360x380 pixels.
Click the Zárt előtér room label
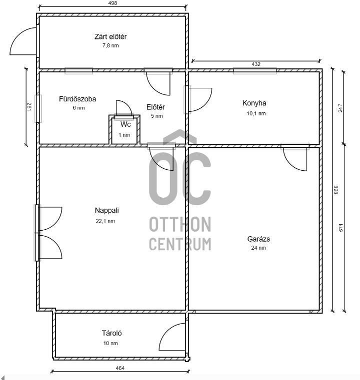[110, 36]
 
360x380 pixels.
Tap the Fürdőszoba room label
[77, 99]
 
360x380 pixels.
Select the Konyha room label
[254, 103]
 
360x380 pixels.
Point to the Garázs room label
[258, 239]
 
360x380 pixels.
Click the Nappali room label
[106, 210]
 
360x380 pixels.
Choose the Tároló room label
[111, 333]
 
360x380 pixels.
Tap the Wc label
[125, 124]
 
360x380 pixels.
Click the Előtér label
[155, 107]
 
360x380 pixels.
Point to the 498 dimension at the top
[113, 3]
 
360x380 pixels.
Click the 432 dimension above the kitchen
[256, 64]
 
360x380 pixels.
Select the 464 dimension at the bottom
[120, 369]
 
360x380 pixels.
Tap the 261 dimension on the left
[29, 107]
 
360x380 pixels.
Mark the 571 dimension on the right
[341, 228]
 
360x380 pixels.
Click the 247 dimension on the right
[340, 108]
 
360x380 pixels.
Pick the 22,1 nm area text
[105, 221]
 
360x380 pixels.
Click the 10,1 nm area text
[256, 113]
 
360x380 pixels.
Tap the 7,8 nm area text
[110, 45]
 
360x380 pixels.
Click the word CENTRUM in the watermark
[180, 244]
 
